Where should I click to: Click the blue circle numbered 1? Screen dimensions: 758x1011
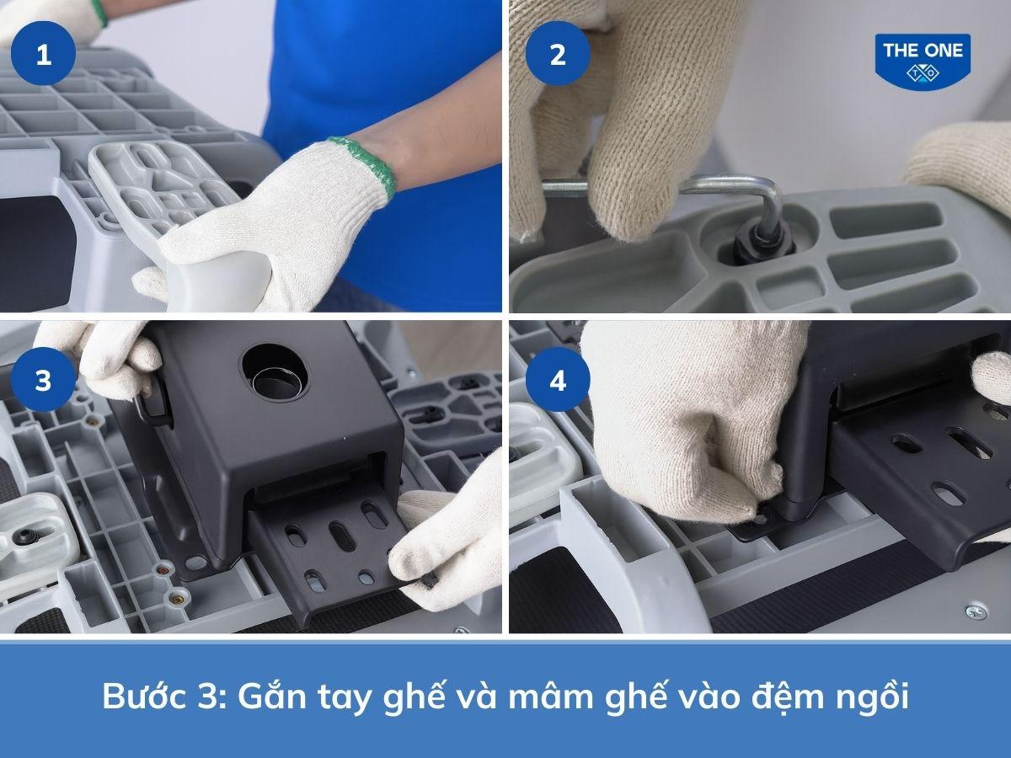click(x=43, y=56)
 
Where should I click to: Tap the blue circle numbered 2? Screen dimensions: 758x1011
click(x=557, y=56)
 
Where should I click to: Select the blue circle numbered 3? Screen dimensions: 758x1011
click(x=43, y=382)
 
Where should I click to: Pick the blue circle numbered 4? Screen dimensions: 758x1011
click(x=557, y=382)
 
